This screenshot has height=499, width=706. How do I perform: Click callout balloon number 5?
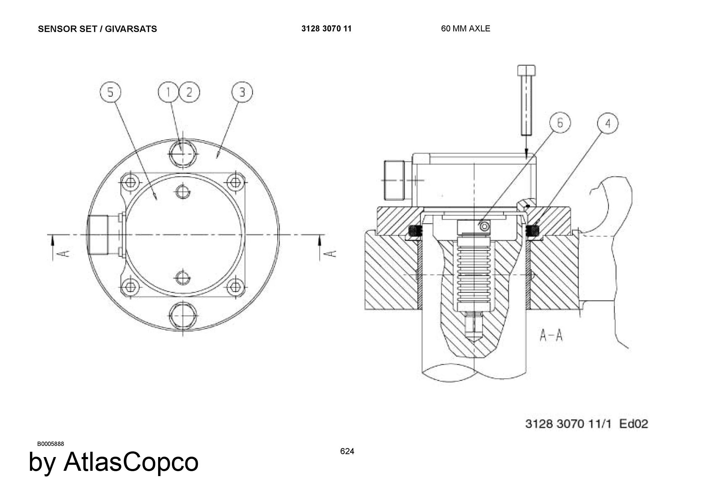pos(110,92)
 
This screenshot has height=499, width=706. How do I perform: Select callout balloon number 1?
pos(168,92)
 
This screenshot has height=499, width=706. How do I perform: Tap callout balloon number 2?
pos(189,92)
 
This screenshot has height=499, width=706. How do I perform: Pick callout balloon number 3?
pos(242,92)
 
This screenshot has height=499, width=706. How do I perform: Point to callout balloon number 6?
pos(560,123)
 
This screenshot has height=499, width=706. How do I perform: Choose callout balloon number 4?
pos(608,123)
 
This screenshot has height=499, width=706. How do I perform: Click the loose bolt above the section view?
pos(526,100)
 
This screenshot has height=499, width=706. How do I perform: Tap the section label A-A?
pos(551,335)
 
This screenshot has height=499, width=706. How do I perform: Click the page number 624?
pos(347,451)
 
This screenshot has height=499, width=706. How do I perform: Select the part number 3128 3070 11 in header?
pos(327,29)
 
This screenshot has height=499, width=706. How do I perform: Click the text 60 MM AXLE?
pos(466,29)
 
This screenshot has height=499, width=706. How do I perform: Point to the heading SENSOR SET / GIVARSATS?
pos(97,29)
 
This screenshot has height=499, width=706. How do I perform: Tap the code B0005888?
pos(50,444)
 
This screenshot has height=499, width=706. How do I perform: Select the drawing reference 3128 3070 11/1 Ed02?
pos(587,424)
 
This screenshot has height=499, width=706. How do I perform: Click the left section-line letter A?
pos(64,254)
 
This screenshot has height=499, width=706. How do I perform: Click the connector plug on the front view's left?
pos(98,235)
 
